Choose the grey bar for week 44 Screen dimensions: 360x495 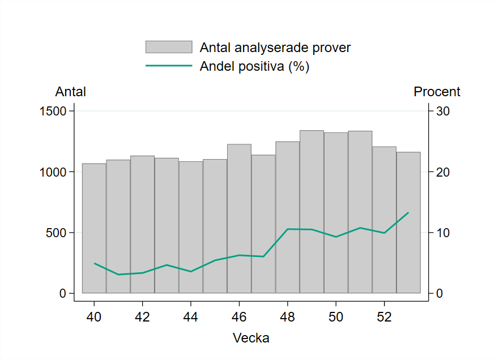tap(191, 227)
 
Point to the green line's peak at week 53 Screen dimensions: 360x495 tap(408, 212)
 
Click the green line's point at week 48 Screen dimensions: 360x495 tap(288, 229)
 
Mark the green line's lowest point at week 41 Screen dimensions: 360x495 tap(118, 275)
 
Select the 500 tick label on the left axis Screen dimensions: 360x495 tap(57, 233)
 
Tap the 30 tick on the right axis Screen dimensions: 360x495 tap(442, 111)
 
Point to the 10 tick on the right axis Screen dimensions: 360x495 tap(442, 233)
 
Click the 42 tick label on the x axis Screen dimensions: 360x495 tap(142, 316)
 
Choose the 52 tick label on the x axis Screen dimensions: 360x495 tap(384, 316)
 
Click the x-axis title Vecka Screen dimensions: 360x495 tap(251, 338)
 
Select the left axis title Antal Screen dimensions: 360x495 tap(70, 92)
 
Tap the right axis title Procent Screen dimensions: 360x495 tap(437, 92)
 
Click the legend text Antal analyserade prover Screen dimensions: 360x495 tap(275, 48)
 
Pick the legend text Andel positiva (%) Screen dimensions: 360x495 tap(254, 66)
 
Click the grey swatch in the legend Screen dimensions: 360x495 tap(169, 47)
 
